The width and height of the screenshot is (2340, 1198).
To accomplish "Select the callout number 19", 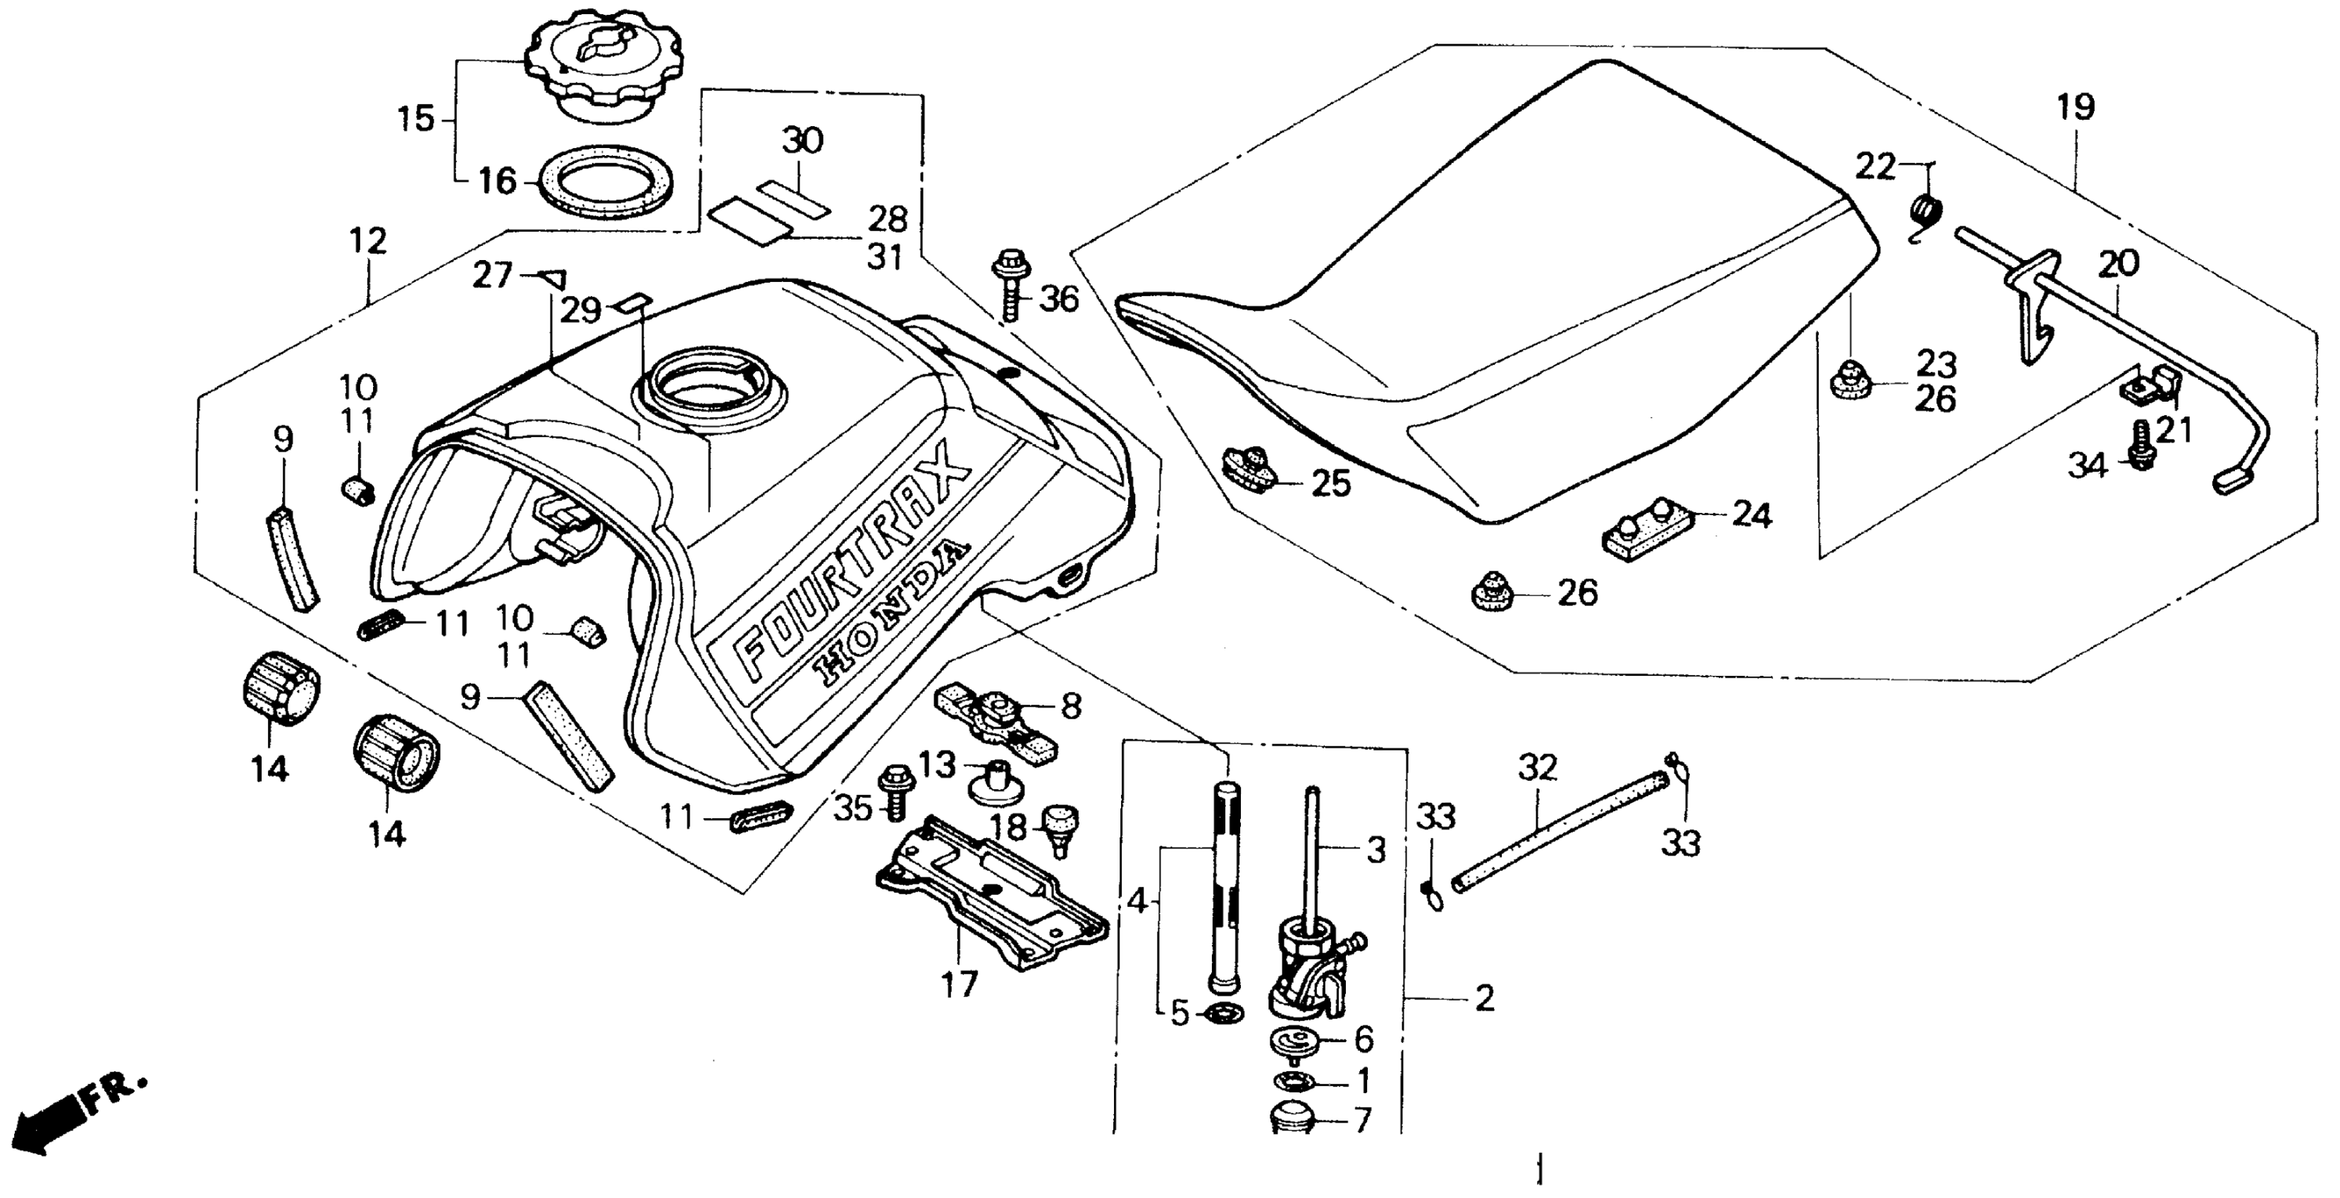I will point(2076,108).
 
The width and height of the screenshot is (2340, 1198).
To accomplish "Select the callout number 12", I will point(368,241).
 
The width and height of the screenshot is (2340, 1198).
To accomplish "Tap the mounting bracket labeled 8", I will point(995,713).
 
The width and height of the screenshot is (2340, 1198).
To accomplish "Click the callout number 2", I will point(1483,1000).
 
